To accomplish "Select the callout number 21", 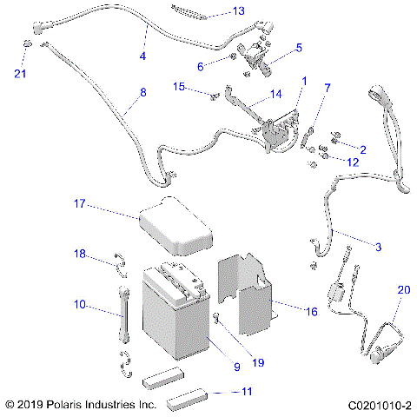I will coord(20,73).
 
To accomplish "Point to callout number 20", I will coord(402,289).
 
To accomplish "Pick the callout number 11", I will coord(247,392).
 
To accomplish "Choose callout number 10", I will coord(79,305).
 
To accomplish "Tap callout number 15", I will coord(179,86).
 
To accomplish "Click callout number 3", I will coord(377,247).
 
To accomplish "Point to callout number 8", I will coord(143,91).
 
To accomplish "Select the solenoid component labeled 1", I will coord(276,135).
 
